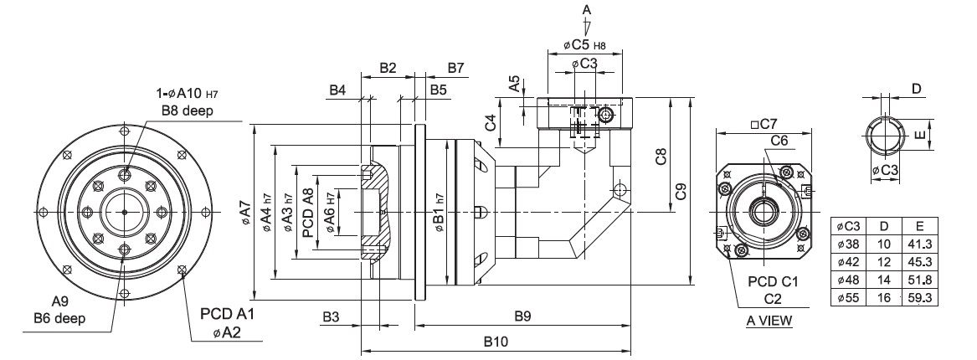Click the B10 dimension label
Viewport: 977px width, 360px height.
[x=496, y=342]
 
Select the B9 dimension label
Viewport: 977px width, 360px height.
[x=522, y=316]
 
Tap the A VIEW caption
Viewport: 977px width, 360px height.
[x=769, y=321]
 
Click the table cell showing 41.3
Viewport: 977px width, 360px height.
[x=920, y=244]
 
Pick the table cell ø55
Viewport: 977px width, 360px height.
[x=848, y=298]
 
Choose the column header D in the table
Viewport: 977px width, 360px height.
[x=883, y=226]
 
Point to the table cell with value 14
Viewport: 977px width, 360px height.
[x=883, y=280]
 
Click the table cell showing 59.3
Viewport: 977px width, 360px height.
[x=920, y=298]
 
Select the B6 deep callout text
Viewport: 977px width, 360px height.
[x=59, y=318]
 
